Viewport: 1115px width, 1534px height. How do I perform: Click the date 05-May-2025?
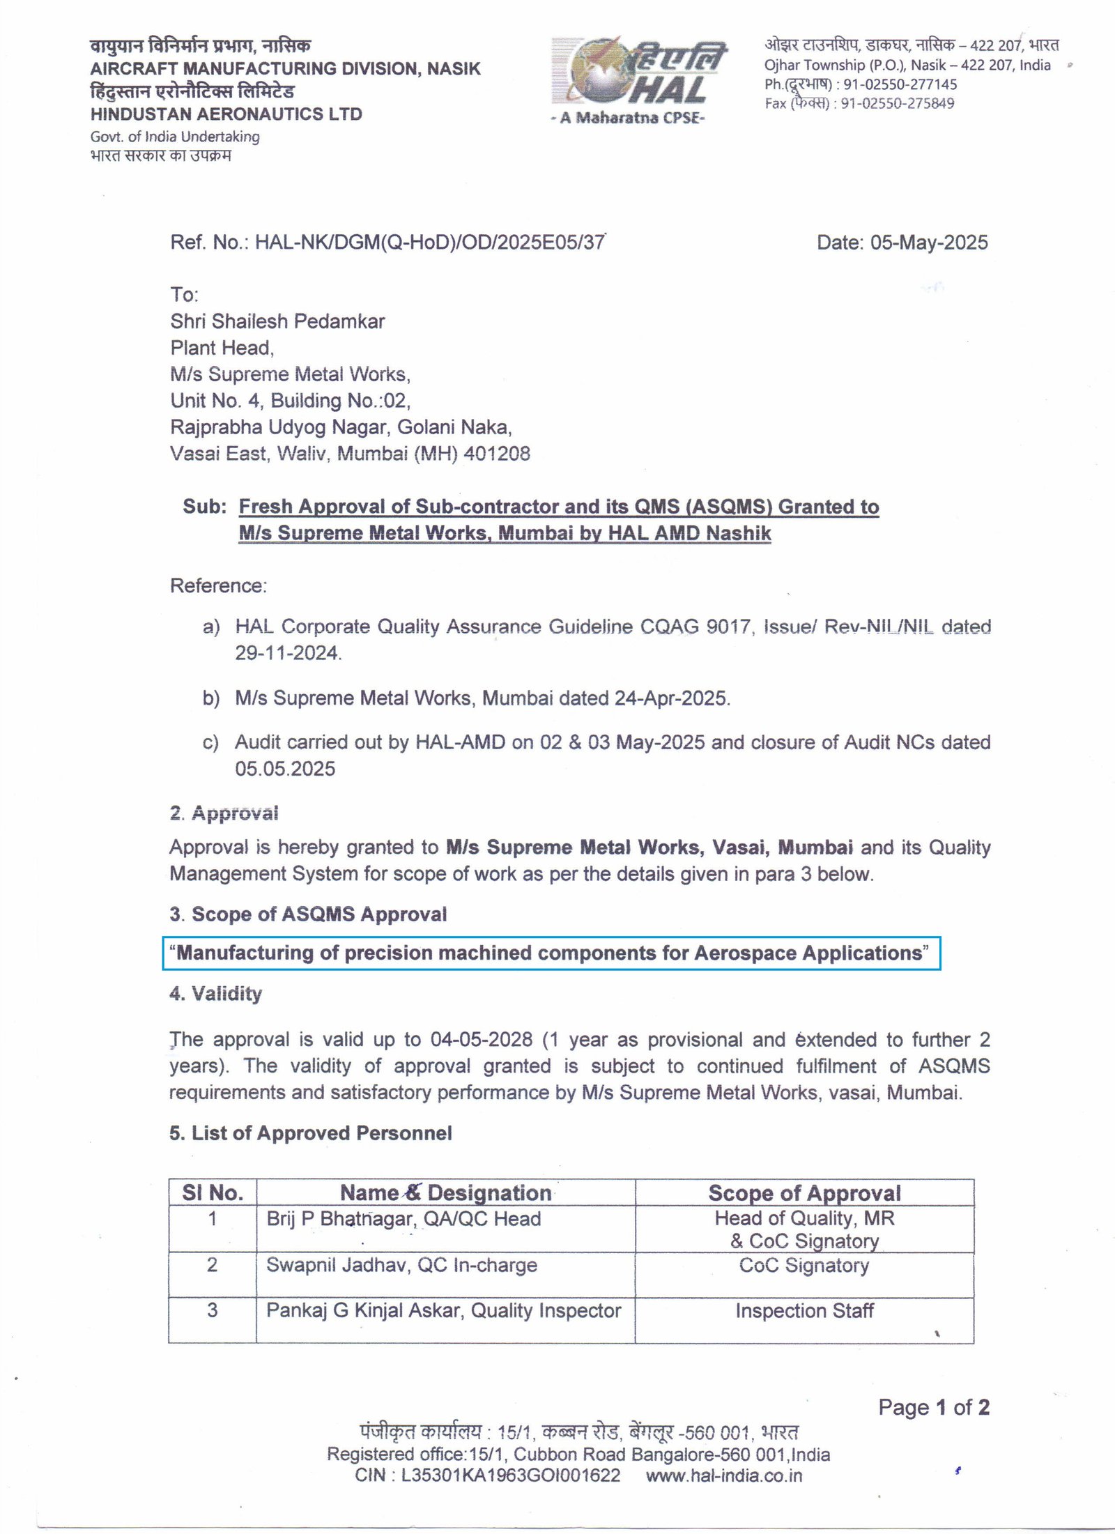click(x=929, y=243)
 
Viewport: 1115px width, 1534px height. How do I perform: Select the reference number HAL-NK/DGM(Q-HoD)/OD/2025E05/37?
click(x=430, y=243)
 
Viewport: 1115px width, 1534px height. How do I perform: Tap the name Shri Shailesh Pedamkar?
click(x=277, y=321)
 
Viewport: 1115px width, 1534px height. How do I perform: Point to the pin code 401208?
click(x=497, y=454)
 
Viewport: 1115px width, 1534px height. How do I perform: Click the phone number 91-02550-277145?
click(x=900, y=84)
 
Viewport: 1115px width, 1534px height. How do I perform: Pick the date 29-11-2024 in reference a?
click(x=287, y=653)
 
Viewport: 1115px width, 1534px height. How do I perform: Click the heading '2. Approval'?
click(x=224, y=813)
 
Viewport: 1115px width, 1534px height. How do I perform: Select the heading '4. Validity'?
click(x=215, y=993)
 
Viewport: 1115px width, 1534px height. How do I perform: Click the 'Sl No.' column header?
click(x=213, y=1192)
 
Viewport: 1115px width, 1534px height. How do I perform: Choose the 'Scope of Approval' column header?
click(x=804, y=1192)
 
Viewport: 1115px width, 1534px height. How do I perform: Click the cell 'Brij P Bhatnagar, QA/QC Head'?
click(x=403, y=1218)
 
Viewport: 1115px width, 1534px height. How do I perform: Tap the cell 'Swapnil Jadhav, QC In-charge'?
click(x=401, y=1265)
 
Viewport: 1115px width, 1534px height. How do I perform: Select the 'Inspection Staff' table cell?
click(x=804, y=1310)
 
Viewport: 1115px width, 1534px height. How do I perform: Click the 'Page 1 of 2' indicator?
click(x=933, y=1407)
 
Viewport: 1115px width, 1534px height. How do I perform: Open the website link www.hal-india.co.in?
click(x=723, y=1475)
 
